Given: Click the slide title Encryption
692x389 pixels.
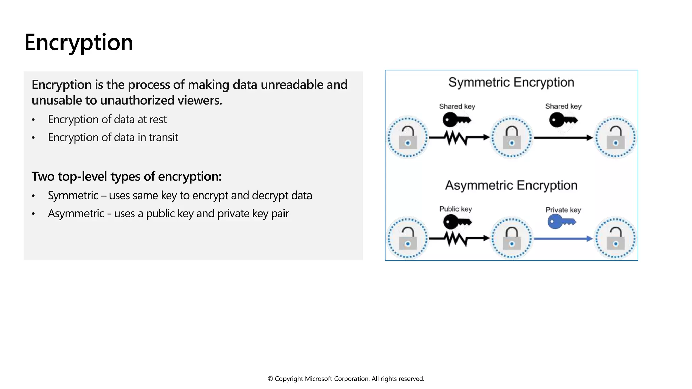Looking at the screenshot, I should click(79, 43).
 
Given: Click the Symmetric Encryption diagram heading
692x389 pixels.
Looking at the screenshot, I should click(511, 82).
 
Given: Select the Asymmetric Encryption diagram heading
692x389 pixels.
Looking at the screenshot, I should click(511, 185).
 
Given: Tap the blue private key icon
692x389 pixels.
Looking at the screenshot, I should click(561, 222).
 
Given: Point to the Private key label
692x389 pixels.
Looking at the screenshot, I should click(563, 210).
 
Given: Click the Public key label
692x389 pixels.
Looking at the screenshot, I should click(455, 209).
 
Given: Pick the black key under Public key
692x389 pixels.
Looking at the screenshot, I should click(456, 222).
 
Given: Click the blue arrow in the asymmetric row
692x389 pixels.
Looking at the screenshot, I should click(563, 239).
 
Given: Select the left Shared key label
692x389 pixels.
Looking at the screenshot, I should click(457, 106).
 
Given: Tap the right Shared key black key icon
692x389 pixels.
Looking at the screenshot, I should click(563, 120).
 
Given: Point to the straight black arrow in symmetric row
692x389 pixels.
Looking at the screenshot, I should click(563, 138).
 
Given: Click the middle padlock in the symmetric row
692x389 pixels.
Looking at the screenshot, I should click(512, 137).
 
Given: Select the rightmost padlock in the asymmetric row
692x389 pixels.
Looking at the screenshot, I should click(615, 238).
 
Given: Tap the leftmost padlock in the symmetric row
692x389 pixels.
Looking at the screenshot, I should click(407, 137).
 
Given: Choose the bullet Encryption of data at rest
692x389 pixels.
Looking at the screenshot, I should click(107, 119).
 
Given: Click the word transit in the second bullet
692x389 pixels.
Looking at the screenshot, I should click(163, 137).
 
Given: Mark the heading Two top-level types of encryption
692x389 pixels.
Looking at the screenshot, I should click(126, 176).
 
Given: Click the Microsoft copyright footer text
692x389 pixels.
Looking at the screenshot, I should click(346, 379).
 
